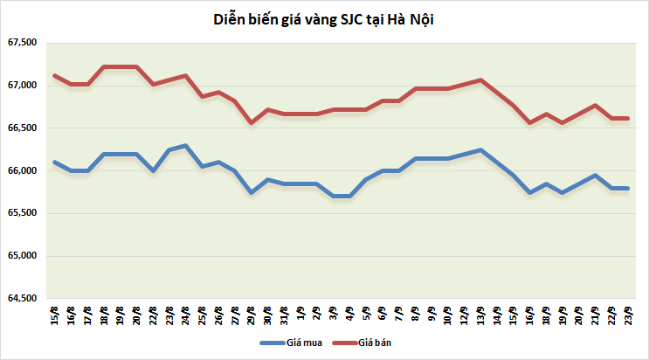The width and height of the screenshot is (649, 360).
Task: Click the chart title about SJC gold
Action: coord(324,18)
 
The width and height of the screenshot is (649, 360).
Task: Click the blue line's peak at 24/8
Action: coord(186,145)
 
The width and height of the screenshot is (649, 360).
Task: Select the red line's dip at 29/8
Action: coord(252,122)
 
